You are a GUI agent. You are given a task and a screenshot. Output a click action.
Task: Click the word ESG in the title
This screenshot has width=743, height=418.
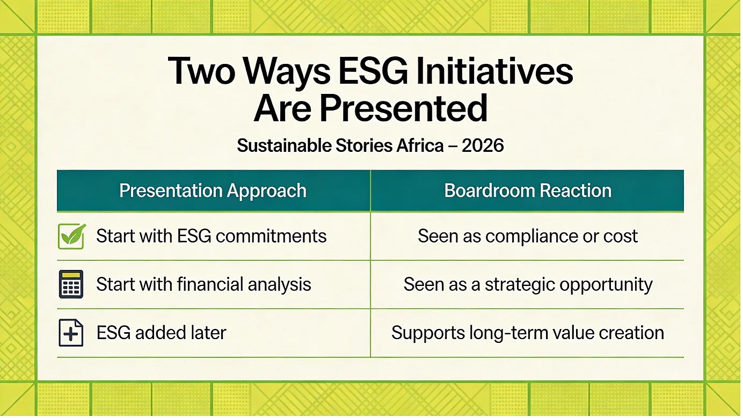click(x=373, y=71)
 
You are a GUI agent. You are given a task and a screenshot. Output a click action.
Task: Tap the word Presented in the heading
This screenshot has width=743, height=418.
click(x=403, y=108)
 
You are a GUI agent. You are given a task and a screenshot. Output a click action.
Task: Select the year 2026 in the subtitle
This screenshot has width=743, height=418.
click(x=483, y=145)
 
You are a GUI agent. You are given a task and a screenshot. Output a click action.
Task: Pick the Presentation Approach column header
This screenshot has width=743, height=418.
click(x=213, y=191)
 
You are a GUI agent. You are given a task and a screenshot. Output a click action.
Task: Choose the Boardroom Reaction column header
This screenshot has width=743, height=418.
click(x=528, y=190)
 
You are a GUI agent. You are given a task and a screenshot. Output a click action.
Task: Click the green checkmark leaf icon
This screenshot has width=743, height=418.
click(x=71, y=236)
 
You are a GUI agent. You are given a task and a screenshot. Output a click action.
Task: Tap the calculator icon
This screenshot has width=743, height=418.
click(x=71, y=284)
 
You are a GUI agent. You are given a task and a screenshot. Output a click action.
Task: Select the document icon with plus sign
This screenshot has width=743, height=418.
click(x=71, y=333)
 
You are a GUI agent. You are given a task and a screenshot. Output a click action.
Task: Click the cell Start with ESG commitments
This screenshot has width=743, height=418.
click(x=212, y=236)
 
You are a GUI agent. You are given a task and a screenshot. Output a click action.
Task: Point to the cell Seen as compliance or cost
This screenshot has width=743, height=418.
click(x=527, y=236)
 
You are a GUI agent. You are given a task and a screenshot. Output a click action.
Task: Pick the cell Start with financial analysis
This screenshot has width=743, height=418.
click(x=203, y=284)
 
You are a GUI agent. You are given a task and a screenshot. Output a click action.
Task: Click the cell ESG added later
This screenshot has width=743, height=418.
click(x=161, y=333)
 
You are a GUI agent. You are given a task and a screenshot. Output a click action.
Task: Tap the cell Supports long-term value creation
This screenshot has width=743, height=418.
click(x=528, y=333)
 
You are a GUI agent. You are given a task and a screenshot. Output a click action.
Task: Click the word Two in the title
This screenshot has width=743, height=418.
click(x=201, y=71)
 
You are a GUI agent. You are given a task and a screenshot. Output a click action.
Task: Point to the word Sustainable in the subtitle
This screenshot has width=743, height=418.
click(x=284, y=145)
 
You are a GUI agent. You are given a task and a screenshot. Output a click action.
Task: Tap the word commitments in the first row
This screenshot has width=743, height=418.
click(x=271, y=236)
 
